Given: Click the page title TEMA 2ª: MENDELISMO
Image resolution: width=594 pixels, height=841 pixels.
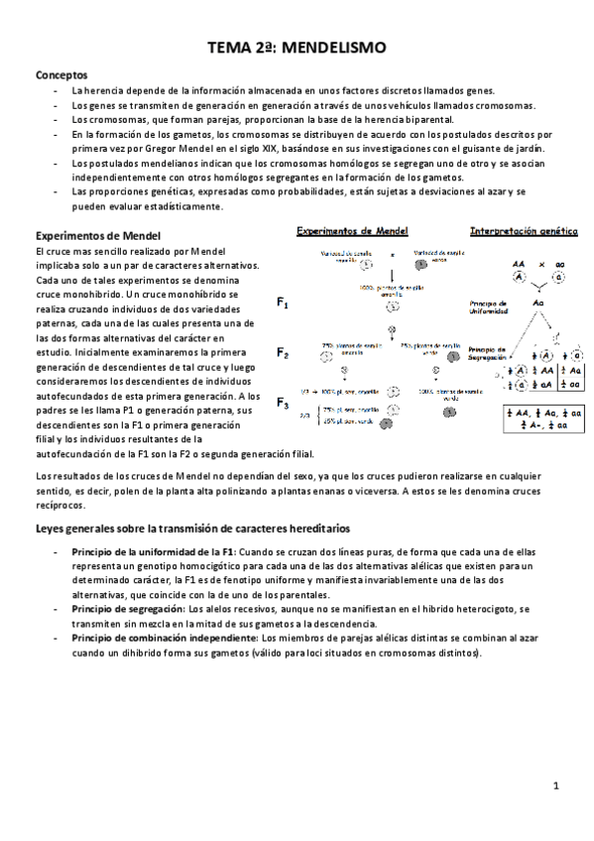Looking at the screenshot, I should pyautogui.click(x=297, y=47).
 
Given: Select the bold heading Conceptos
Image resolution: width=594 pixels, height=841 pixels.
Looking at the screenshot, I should pyautogui.click(x=61, y=74).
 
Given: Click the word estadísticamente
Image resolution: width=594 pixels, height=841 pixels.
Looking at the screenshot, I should pyautogui.click(x=181, y=206).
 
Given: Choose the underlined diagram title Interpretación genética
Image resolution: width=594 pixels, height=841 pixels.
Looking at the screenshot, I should pyautogui.click(x=523, y=231).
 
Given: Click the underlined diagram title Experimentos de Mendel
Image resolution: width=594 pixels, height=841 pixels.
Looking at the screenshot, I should pyautogui.click(x=350, y=231).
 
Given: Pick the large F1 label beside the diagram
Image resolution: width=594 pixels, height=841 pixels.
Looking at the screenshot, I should pyautogui.click(x=283, y=305).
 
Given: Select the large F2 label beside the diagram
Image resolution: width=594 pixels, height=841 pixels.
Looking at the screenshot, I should pyautogui.click(x=283, y=353).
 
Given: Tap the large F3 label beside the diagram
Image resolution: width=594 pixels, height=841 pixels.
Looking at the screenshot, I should pyautogui.click(x=283, y=403).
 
